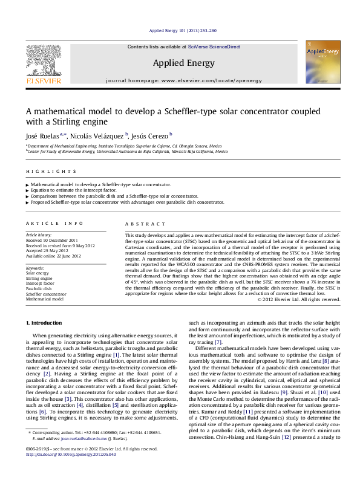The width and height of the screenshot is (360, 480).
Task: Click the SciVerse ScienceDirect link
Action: (x=214, y=47)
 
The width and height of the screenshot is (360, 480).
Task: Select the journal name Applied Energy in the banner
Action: (x=180, y=62)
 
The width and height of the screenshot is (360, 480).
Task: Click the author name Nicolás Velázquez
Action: (x=99, y=135)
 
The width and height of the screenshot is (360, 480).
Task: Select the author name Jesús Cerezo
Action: (x=151, y=135)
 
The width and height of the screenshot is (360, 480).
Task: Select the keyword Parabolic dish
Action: (x=39, y=288)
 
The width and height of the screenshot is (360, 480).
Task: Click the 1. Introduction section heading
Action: (x=46, y=323)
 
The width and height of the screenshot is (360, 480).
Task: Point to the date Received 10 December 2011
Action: (x=51, y=240)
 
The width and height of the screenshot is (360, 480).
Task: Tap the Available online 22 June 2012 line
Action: (x=53, y=256)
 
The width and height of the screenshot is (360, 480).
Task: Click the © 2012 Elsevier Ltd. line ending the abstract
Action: (x=299, y=299)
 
